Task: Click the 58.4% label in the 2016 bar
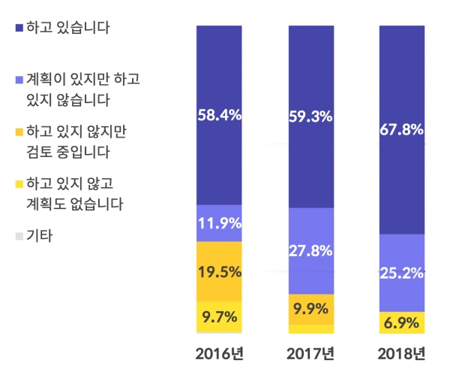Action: (219, 115)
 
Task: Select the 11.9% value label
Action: (219, 222)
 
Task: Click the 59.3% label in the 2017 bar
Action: (310, 117)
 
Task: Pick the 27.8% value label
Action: (310, 251)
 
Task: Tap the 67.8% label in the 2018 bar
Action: (402, 130)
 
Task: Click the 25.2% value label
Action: (402, 272)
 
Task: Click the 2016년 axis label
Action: (220, 353)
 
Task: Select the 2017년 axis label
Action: (310, 353)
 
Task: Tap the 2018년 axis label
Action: (402, 353)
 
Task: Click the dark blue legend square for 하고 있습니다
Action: (19, 29)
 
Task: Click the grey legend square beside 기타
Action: (19, 237)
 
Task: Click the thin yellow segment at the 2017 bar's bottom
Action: (310, 329)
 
